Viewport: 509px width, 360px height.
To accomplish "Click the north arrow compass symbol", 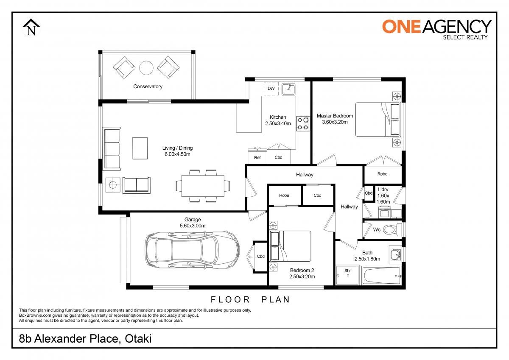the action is tap(31, 28).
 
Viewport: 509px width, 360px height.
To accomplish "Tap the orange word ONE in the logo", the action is tap(402, 27).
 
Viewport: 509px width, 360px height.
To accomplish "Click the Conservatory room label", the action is tap(148, 87).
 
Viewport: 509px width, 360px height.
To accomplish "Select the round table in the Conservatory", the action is tap(146, 68).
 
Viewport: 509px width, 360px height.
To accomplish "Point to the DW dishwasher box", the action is tap(271, 89).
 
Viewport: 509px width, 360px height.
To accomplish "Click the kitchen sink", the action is tap(288, 89).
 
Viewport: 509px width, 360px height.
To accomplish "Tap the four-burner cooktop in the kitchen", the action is tap(303, 123).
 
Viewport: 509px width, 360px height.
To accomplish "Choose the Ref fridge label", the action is tap(257, 158).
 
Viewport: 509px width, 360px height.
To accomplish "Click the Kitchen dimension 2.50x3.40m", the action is tap(278, 123).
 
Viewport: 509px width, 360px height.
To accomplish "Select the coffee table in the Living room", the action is tap(140, 148).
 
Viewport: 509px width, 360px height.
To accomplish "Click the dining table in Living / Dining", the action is tap(203, 186).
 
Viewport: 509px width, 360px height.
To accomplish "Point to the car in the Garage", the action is tap(192, 250).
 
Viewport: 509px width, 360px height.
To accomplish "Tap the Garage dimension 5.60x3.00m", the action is tap(193, 226).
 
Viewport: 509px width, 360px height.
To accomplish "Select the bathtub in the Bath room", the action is tap(382, 276).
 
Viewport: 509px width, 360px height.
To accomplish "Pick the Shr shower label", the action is tap(347, 271).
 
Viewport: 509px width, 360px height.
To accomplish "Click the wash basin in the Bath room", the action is tap(396, 254).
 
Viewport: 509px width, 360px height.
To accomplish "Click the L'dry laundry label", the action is tap(383, 190).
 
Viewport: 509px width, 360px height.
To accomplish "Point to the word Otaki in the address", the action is tap(138, 339).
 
